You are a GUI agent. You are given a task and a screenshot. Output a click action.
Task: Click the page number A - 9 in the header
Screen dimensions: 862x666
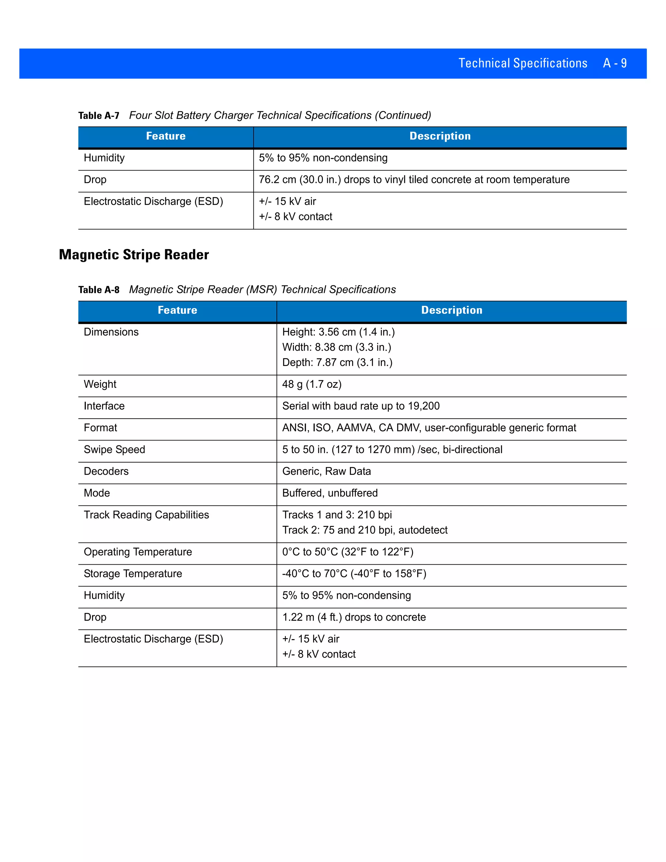pos(614,63)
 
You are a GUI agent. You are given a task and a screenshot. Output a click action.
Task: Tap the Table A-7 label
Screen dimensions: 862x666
pos(99,116)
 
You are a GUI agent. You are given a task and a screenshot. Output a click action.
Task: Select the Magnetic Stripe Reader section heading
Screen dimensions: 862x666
pos(134,255)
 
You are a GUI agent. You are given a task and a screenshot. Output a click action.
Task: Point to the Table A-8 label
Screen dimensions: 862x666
pos(99,290)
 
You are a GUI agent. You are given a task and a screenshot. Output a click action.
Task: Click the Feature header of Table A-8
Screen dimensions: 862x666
pos(177,310)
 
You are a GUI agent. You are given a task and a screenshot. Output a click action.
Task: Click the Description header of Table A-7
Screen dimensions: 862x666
pos(440,136)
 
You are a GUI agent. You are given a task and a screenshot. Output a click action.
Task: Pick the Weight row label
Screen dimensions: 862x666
pos(100,384)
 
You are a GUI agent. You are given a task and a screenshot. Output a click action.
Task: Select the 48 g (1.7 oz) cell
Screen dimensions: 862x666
pos(312,384)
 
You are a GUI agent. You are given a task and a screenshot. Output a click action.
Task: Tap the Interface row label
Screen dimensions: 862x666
pos(104,406)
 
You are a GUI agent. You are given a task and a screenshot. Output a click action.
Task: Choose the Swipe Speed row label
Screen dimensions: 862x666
pos(114,450)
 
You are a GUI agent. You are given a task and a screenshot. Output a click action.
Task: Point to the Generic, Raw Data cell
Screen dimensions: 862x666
pos(326,471)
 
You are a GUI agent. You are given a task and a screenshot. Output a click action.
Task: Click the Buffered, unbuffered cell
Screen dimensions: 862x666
pos(330,493)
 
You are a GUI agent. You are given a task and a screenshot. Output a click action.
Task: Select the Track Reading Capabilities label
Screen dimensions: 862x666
pos(146,515)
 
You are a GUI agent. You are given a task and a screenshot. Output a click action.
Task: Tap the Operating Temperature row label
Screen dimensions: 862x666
pos(138,552)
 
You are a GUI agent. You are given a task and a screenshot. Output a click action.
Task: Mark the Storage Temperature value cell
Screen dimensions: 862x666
pos(354,573)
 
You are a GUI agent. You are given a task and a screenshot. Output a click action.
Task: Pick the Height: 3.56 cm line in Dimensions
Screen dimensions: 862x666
pos(339,332)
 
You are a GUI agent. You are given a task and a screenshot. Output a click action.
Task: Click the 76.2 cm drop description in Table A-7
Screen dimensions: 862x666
pos(414,180)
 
